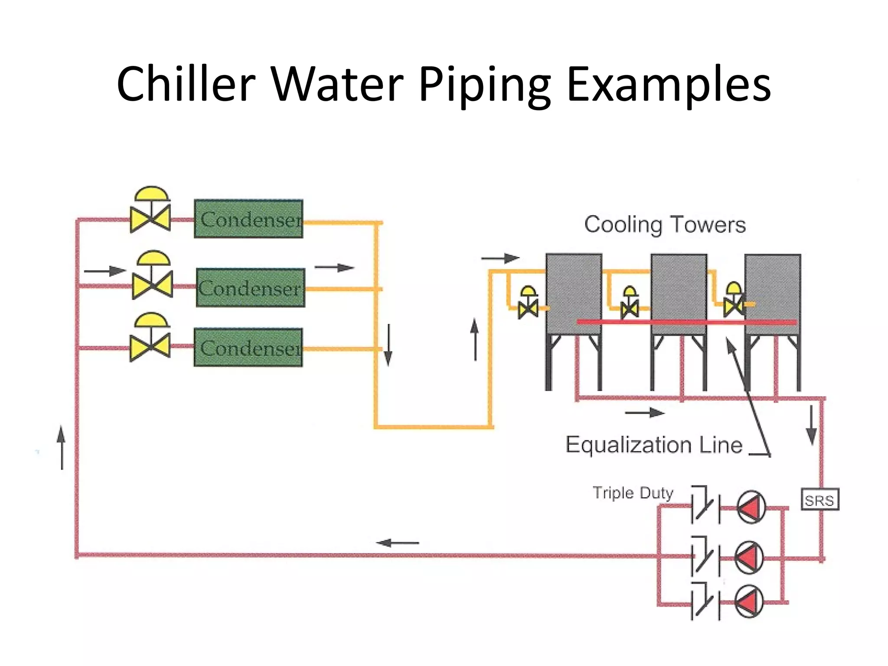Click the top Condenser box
pyautogui.click(x=248, y=219)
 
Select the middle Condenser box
pyautogui.click(x=250, y=288)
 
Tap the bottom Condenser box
pyautogui.click(x=248, y=348)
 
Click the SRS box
pyautogui.click(x=819, y=499)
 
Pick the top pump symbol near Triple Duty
pyautogui.click(x=751, y=507)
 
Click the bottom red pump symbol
pyautogui.click(x=749, y=602)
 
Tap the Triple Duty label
pyautogui.click(x=633, y=493)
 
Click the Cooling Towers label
pyautogui.click(x=664, y=225)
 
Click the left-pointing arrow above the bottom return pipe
pyautogui.click(x=397, y=542)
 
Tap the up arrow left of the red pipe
pyautogui.click(x=62, y=447)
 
